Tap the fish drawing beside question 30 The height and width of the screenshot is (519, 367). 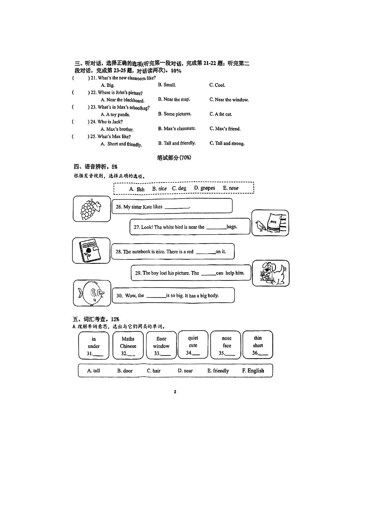coord(92,293)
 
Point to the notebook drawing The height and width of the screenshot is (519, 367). coord(91,251)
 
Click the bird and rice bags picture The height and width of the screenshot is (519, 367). coord(269,223)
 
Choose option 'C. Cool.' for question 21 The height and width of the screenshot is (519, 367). coord(217,85)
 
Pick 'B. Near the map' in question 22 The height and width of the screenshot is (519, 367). coord(174,99)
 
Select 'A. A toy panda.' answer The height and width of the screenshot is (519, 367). coord(115,115)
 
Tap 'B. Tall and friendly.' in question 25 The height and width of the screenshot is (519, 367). coord(177,143)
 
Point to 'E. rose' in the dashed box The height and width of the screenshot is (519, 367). coord(231,189)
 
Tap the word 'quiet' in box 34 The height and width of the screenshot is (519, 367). coord(193,338)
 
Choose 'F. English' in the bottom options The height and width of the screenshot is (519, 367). coord(253,371)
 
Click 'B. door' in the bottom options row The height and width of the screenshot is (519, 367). coord(124,371)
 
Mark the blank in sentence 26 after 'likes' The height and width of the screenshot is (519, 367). coord(177,208)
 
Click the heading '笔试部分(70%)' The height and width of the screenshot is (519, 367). coord(174,158)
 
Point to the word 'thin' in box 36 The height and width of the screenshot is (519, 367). coord(258,338)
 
